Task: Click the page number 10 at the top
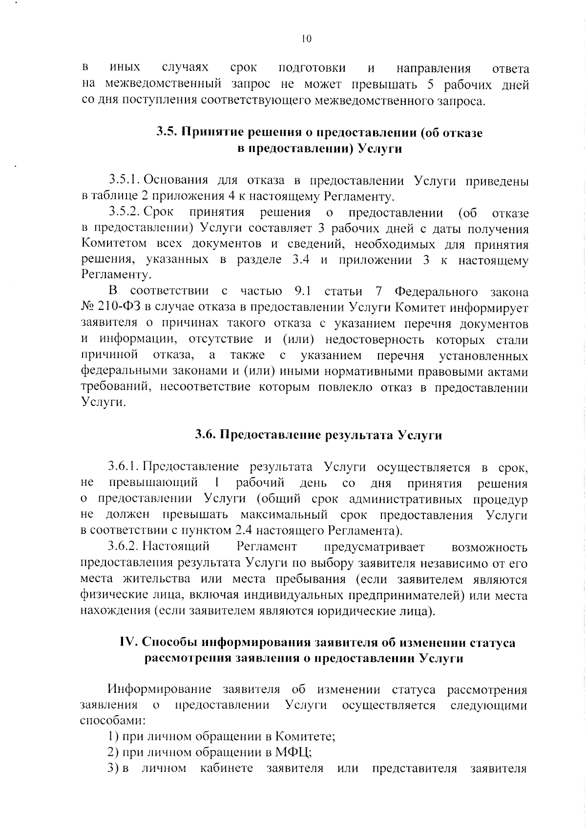click(x=306, y=39)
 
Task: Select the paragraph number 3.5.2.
click(x=125, y=213)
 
